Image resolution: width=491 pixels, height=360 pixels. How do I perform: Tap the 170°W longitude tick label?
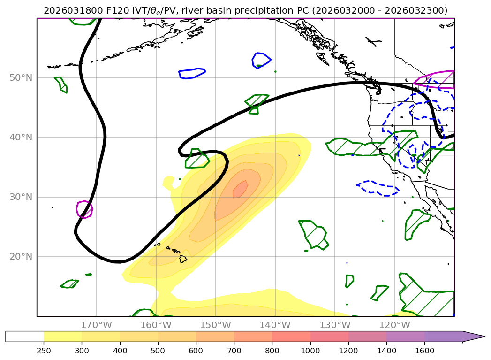(x=96, y=325)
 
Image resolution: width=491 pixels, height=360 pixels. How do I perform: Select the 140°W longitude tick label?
(x=275, y=325)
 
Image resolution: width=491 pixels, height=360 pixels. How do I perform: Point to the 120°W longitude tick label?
(x=395, y=325)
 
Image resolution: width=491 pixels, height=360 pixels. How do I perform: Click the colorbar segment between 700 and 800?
(x=253, y=337)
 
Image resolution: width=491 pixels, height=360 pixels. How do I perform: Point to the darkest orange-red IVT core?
(x=240, y=189)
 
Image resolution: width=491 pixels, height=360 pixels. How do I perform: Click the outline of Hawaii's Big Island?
(x=183, y=259)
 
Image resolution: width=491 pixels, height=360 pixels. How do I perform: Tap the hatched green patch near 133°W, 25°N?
(x=313, y=234)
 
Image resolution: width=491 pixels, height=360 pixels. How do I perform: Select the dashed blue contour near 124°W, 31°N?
(x=378, y=188)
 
